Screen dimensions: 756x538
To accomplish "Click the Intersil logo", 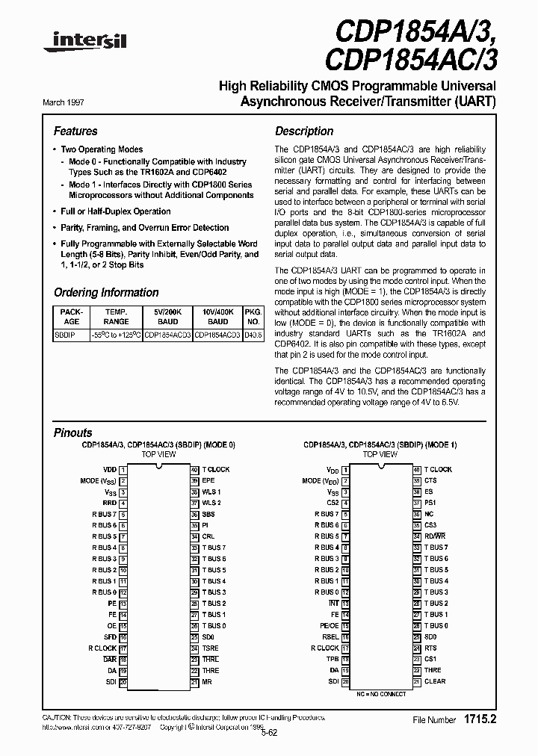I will coord(84,43).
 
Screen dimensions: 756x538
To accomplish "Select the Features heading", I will coord(75,131).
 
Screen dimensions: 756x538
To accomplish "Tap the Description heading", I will coord(304,131).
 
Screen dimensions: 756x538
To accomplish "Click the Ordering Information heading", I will coord(106,293).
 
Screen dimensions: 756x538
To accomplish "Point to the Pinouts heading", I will coord(73,433).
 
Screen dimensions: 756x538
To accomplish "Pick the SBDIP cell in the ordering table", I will coord(63,335).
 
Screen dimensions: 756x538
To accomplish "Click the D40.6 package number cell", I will coord(253,335).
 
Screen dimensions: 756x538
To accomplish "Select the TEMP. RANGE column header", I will coord(116,316).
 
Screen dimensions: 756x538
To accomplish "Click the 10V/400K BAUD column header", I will coord(217,316).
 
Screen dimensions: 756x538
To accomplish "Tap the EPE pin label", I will coord(208,480).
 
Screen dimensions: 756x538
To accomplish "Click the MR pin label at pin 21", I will coord(207,681).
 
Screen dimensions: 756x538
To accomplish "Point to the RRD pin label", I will coord(110,503).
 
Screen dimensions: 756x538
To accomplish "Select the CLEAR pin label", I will coord(434,681).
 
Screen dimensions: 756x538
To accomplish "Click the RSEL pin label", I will coord(330,636).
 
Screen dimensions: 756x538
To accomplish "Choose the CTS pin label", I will coord(430,480).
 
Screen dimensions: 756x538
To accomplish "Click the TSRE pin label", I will coord(210,648).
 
